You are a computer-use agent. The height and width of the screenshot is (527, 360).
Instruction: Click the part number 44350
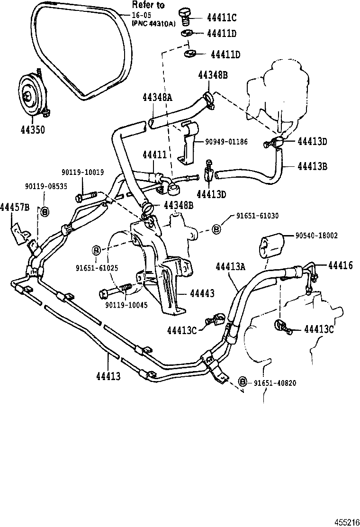pyautogui.click(x=33, y=129)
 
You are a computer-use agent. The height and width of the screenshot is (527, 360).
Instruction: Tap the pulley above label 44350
pyautogui.click(x=31, y=97)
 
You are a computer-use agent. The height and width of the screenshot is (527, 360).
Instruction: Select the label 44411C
pyautogui.click(x=221, y=18)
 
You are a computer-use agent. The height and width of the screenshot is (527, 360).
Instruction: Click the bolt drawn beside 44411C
pyautogui.click(x=186, y=16)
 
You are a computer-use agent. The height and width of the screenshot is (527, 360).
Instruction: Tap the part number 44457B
pyautogui.click(x=15, y=207)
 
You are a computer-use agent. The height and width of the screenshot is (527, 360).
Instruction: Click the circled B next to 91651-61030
pyautogui.click(x=216, y=229)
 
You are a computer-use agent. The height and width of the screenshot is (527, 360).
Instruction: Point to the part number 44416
pyautogui.click(x=339, y=265)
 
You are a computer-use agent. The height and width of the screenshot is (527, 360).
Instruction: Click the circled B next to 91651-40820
pyautogui.click(x=243, y=382)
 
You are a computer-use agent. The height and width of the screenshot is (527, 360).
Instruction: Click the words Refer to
pyautogui.click(x=148, y=5)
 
